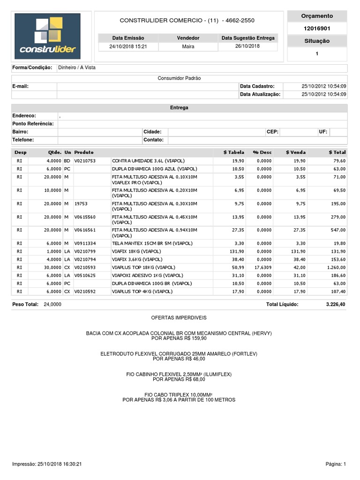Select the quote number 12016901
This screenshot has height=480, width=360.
pos(317,29)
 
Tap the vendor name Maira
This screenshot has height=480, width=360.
pos(188,46)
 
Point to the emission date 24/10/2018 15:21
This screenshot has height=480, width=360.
pos(128,46)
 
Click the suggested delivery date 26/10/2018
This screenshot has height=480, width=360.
pos(247,46)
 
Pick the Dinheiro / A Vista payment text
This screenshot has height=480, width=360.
pos(76,67)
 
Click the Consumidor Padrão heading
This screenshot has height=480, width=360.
pos(179,78)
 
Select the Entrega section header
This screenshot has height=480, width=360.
pos(179,108)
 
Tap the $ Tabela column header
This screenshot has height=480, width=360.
pos(234,152)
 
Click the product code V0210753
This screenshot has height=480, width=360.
pos(85,161)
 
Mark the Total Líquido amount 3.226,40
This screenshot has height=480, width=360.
pos(336,304)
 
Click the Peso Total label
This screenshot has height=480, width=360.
pos(25,304)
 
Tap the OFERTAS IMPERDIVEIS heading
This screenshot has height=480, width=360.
pos(179,318)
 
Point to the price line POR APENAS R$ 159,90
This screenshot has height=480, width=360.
pos(179,338)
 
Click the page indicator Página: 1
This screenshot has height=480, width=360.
pos(336,464)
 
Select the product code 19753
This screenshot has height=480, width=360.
pos(82,204)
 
